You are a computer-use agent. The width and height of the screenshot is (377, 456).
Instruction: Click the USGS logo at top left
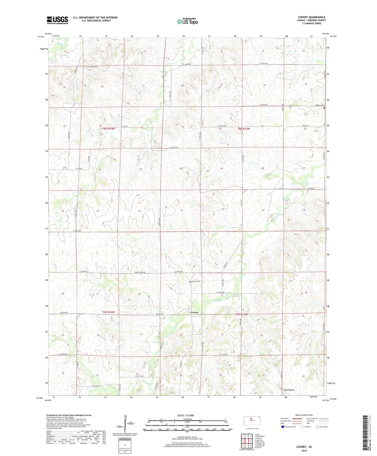click(x=57, y=20)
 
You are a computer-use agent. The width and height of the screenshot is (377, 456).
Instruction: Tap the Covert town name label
click(x=194, y=312)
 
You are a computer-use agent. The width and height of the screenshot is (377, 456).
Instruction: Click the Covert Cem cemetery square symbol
click(x=190, y=282)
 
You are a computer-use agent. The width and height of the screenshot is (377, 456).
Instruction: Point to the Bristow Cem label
click(x=319, y=105)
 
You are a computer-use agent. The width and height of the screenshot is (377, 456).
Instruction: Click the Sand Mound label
click(x=289, y=390)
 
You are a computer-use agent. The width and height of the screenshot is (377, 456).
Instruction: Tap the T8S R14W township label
click(x=108, y=129)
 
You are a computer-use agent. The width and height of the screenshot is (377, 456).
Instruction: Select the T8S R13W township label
click(x=244, y=129)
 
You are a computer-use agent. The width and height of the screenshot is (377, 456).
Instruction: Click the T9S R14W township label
click(x=108, y=312)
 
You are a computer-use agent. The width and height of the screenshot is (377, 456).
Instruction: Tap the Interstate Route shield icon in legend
click(x=283, y=427)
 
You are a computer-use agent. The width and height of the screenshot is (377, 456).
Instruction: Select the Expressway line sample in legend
click(x=297, y=419)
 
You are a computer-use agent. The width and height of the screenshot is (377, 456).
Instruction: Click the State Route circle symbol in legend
click(x=317, y=427)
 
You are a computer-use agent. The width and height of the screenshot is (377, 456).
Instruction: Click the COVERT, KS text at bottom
click(x=304, y=447)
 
